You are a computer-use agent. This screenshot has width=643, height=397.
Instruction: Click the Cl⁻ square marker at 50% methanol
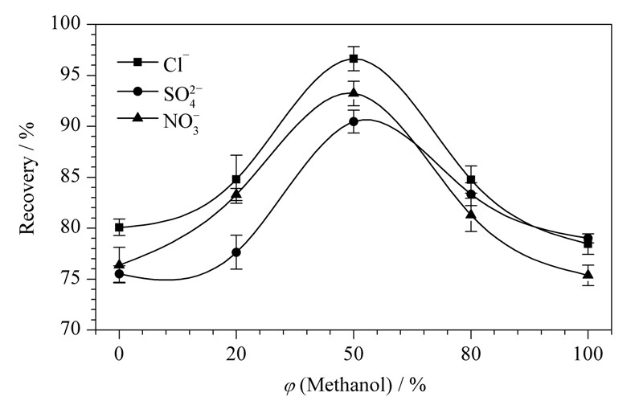pyautogui.click(x=354, y=58)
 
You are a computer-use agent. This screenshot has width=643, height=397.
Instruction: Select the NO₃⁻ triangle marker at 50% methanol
pyautogui.click(x=354, y=92)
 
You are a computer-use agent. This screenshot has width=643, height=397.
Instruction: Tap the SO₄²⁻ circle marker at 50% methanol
pyautogui.click(x=354, y=121)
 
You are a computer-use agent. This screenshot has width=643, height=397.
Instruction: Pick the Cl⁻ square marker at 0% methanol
pyautogui.click(x=119, y=227)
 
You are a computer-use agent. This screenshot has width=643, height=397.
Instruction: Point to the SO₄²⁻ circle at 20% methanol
pyautogui.click(x=236, y=252)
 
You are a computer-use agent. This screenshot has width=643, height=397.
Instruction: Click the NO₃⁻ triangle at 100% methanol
pyautogui.click(x=588, y=274)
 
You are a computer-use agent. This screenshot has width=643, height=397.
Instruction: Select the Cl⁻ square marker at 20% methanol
pyautogui.click(x=236, y=179)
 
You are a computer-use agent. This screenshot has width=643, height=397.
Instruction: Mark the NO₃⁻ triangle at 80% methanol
pyautogui.click(x=471, y=214)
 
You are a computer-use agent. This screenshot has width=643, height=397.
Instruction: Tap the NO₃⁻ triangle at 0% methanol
pyautogui.click(x=119, y=264)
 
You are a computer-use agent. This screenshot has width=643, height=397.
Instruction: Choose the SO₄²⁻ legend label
pyautogui.click(x=182, y=96)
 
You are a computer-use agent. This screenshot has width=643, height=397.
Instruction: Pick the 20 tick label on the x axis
pyautogui.click(x=236, y=353)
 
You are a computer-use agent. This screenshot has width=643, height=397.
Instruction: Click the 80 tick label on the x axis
pyautogui.click(x=471, y=353)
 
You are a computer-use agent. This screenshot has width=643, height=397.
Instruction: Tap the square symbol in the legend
pyautogui.click(x=137, y=62)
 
